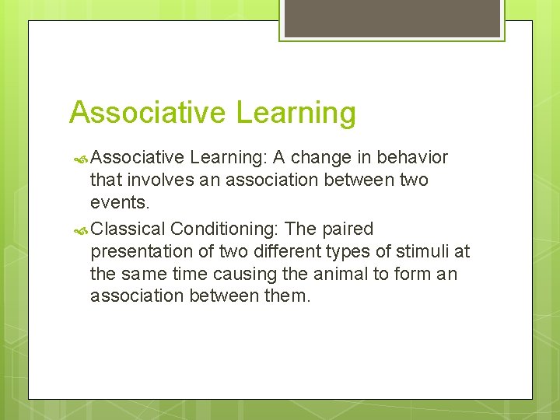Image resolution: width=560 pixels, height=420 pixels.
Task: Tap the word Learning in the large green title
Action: [x=296, y=112]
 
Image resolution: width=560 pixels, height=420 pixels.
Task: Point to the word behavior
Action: [x=412, y=158]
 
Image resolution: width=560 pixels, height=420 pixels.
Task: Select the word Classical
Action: [x=128, y=229]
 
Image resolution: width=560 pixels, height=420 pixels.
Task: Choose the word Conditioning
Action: [x=226, y=229]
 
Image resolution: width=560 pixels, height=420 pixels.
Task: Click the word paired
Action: [x=346, y=229]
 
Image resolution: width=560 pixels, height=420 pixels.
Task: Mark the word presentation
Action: [x=141, y=251]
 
